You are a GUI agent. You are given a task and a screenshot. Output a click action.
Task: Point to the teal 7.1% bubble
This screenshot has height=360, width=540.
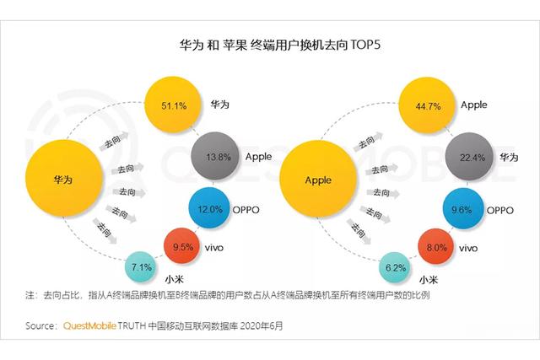142,268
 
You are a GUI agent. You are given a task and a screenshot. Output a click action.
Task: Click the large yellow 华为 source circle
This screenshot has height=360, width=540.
65,180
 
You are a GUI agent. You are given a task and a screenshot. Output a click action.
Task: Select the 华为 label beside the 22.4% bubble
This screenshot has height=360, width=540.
510,158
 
